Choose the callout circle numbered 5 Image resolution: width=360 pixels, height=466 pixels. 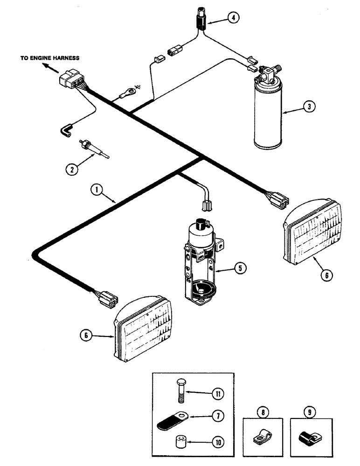tap(239, 268)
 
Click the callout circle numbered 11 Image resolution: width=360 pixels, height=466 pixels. tap(217, 393)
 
